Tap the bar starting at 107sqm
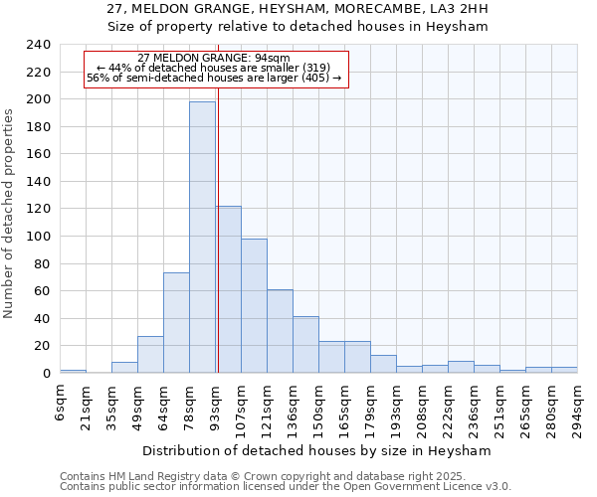coord(254,305)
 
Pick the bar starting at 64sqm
coord(176,322)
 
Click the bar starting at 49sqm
coord(150,354)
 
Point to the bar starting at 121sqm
coord(280,331)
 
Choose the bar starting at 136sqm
coord(305,344)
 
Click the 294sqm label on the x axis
coord(577,407)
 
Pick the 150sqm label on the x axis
coord(318,407)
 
